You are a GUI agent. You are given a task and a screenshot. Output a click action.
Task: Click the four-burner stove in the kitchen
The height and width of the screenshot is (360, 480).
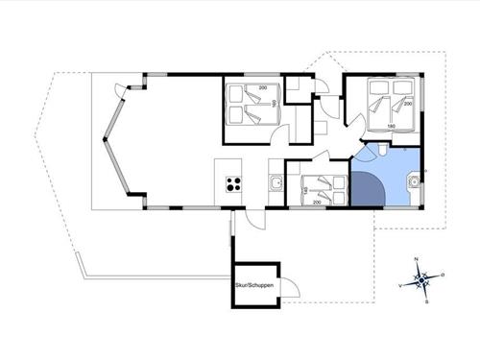(233, 183)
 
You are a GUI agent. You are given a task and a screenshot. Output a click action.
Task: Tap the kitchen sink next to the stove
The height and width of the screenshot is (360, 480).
(276, 182)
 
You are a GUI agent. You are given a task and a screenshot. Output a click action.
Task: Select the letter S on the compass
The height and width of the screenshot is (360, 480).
(425, 300)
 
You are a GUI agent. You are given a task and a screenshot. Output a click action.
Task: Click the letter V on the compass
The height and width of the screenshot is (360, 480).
(399, 285)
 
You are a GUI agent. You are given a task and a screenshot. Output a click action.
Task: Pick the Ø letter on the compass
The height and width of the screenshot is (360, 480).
(444, 275)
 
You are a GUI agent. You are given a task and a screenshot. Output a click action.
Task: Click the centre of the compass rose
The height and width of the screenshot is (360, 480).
(421, 280)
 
